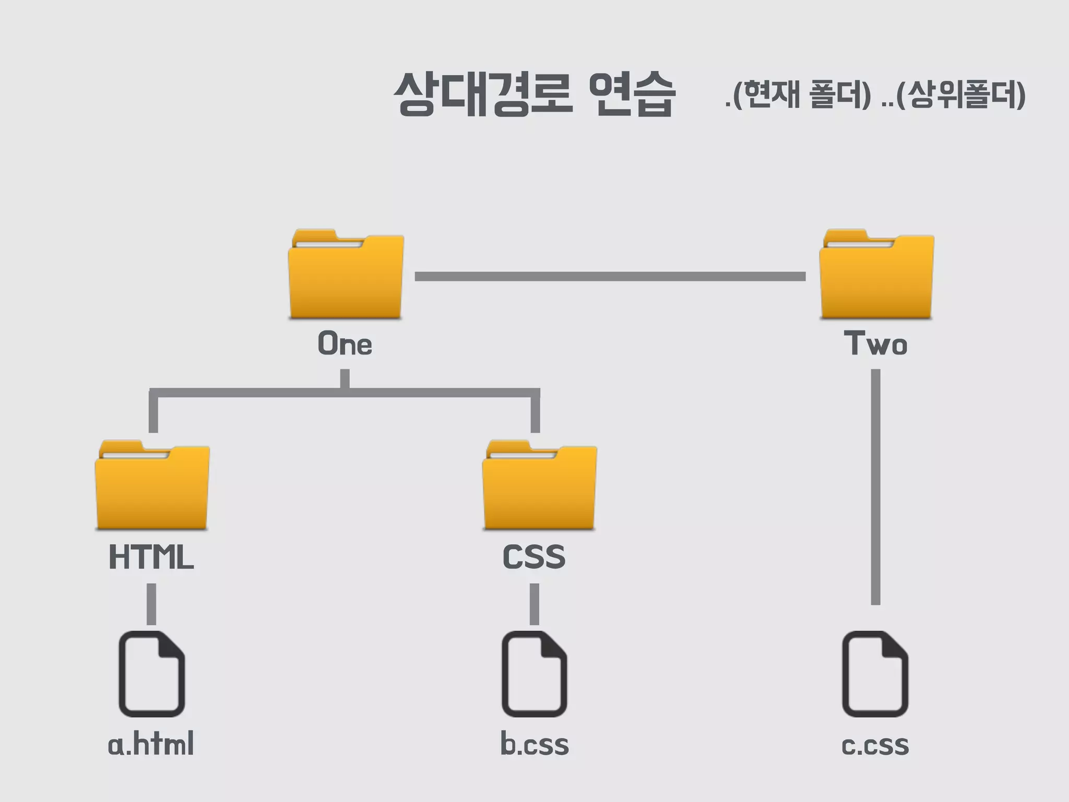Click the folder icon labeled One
point(346,275)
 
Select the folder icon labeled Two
point(876,275)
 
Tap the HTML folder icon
point(152,486)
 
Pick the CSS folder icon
point(539,486)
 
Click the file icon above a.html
point(152,674)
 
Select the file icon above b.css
point(534,674)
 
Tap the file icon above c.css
point(875,674)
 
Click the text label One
point(345,344)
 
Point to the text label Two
point(876,344)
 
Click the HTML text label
point(151,557)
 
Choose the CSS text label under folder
point(534,557)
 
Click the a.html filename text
point(151,744)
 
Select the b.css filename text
point(534,744)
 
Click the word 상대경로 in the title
point(483,94)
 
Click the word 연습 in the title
point(632,94)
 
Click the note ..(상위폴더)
point(953,95)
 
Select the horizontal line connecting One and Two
point(610,276)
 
